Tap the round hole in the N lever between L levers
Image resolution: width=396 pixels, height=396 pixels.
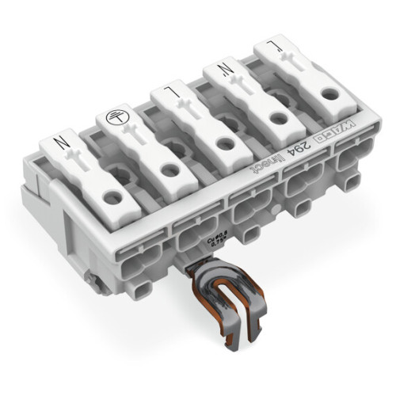[276, 120]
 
